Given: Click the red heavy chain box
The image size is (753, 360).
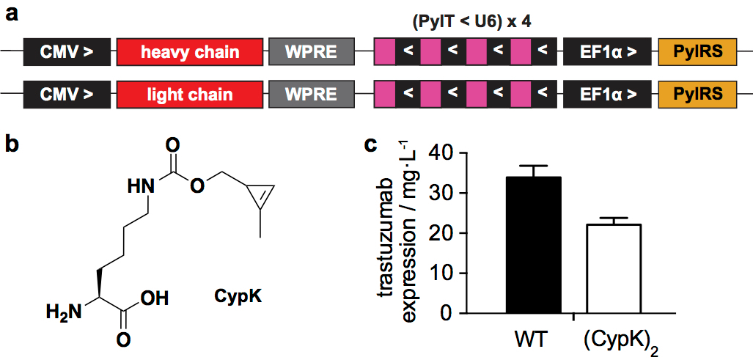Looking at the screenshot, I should click(190, 53).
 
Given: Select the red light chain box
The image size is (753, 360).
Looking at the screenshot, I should click(190, 95).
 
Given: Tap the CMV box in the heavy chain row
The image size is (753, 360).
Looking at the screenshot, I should click(67, 53).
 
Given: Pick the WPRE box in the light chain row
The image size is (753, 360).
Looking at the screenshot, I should click(311, 95).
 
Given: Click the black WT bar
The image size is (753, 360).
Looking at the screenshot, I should click(533, 245).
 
